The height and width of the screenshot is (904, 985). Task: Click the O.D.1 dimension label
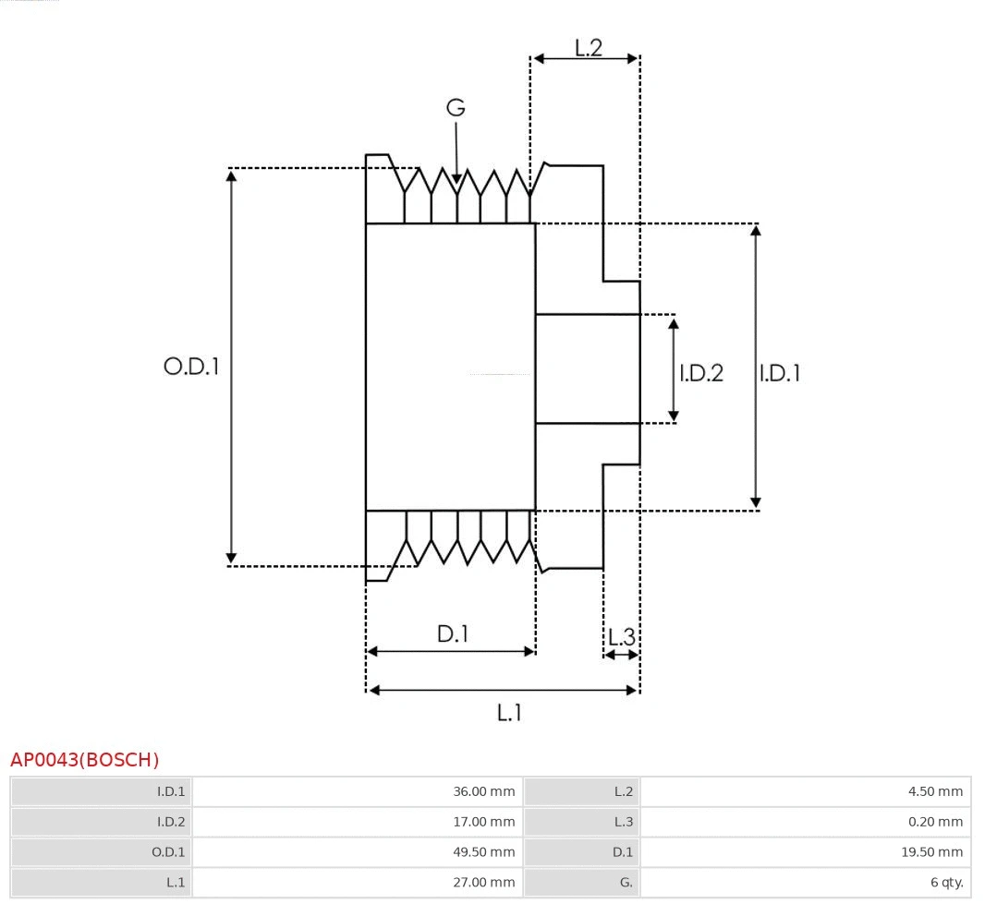point(191,367)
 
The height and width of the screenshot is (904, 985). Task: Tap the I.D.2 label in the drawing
point(701,373)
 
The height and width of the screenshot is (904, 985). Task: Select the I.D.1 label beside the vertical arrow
point(780,373)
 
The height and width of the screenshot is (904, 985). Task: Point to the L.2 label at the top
point(589,47)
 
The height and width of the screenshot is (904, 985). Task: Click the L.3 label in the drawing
point(622,636)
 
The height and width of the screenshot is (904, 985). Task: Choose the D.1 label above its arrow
point(453,634)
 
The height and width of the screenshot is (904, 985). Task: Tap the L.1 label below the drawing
point(509,712)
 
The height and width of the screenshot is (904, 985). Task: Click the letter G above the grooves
point(456,108)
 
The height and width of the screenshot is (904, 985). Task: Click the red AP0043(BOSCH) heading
point(85,760)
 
